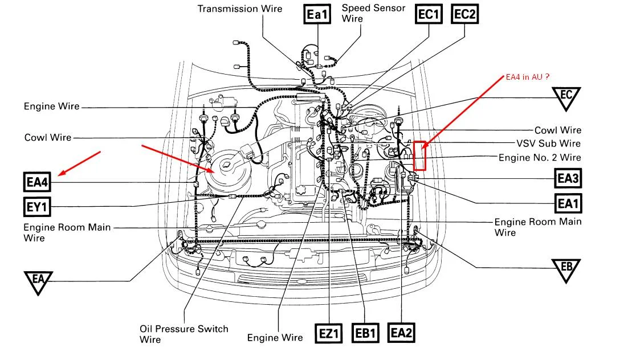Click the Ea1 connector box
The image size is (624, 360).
coord(318,15)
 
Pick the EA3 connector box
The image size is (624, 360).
coord(568,178)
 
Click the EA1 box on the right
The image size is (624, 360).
coord(568,202)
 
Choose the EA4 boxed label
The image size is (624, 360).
coord(38,183)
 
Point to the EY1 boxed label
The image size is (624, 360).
coord(36,206)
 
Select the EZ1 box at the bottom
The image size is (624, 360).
coord(329,333)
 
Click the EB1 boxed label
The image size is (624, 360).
coord(365,333)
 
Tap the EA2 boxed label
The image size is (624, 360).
coord(401,333)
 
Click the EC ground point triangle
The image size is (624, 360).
coord(565,97)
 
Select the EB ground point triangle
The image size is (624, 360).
coord(566,268)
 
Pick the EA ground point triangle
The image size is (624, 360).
coord(39,281)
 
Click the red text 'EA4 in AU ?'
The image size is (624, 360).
coord(528,76)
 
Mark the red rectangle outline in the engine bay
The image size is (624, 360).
coord(420,155)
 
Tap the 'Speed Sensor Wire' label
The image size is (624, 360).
coord(373,13)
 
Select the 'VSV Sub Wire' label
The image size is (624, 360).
coord(548,144)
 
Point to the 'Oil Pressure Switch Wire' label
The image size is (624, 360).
coord(183,334)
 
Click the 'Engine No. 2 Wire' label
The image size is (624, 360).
coord(540,157)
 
